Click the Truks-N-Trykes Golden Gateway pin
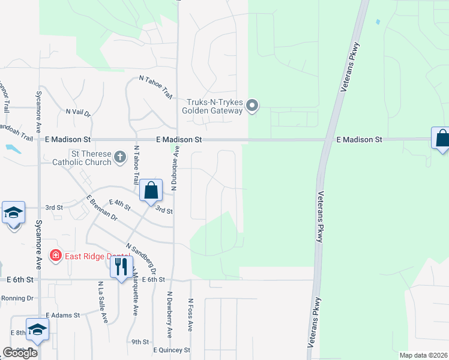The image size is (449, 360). tap(253, 106)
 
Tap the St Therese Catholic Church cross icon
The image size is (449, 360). tap(120, 157)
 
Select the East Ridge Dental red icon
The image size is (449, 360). tap(56, 256)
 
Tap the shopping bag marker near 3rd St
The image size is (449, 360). tap(151, 190)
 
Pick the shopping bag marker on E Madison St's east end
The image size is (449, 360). tap(442, 139)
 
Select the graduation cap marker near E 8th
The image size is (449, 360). tap(37, 329)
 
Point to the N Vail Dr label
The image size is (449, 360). tap(78, 112)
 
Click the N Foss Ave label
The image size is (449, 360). tap(190, 315)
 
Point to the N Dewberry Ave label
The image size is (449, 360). tap(170, 315)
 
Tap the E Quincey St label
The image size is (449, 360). tap(172, 350)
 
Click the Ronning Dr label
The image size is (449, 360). tap(17, 298)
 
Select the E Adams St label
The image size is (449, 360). tap(62, 315)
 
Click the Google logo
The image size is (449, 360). tap(20, 353)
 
